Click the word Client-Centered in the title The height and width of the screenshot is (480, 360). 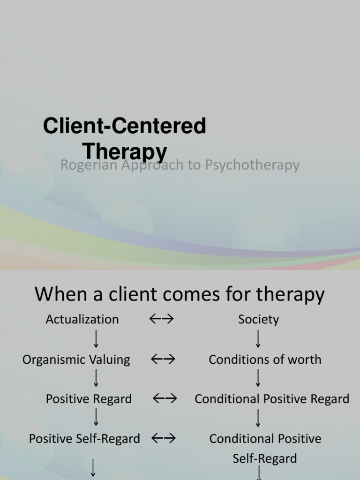(x=125, y=126)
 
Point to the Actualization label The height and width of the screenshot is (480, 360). (x=82, y=320)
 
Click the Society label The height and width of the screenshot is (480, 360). (x=258, y=320)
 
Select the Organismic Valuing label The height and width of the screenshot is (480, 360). (x=76, y=360)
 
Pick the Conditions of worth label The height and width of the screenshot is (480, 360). (x=265, y=360)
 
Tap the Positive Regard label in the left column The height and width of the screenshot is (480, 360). (x=89, y=399)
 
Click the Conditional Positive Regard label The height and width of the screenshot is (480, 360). (x=272, y=399)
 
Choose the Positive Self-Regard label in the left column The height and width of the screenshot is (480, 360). (x=84, y=439)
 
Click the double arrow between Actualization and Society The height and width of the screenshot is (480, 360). (x=162, y=319)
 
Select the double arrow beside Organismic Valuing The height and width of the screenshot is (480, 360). (x=163, y=360)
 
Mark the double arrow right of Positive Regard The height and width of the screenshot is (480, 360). (x=165, y=399)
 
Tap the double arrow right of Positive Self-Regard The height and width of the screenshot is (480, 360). (x=164, y=439)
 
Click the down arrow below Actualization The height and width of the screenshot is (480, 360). (x=96, y=338)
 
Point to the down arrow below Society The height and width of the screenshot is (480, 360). (x=258, y=338)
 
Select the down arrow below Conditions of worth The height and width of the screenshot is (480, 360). (x=258, y=378)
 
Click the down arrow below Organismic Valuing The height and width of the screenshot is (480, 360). (x=96, y=378)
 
